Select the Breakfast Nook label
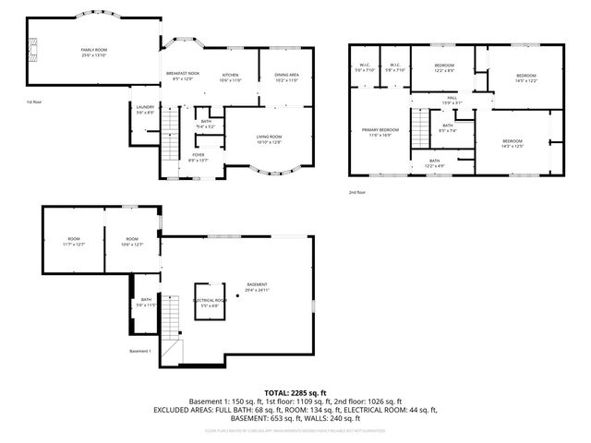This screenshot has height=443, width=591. click(x=181, y=76)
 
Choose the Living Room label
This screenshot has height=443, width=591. click(x=269, y=139)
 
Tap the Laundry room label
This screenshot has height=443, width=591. click(x=145, y=110)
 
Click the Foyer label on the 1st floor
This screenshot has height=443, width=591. click(x=198, y=157)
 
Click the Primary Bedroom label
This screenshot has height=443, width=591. click(x=380, y=133)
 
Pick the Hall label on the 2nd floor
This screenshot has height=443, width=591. click(x=452, y=100)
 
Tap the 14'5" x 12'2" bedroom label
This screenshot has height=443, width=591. click(x=525, y=77)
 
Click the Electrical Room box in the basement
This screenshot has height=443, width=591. click(x=210, y=302)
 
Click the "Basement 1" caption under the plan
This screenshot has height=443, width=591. click(x=140, y=352)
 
